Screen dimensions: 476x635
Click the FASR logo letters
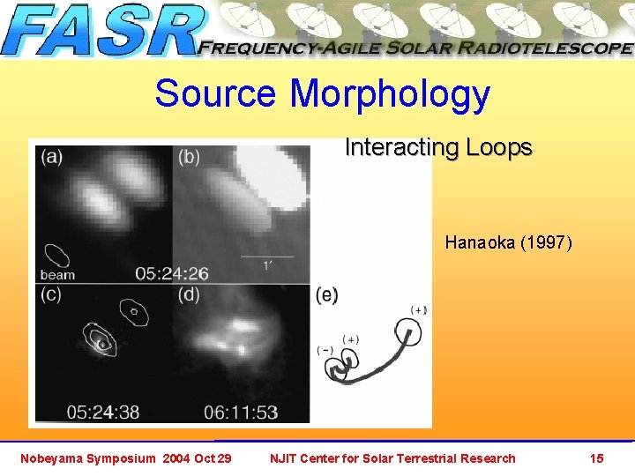tap(101, 32)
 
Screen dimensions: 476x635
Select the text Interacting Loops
tap(438, 147)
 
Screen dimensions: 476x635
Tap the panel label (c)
tap(51, 295)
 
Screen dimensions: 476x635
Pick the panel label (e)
tap(327, 295)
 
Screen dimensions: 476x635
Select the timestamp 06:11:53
tap(240, 411)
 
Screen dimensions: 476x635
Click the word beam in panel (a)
tap(57, 274)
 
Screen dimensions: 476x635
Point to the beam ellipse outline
tap(58, 255)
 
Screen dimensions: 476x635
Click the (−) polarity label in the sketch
tap(325, 351)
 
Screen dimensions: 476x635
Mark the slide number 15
tap(597, 458)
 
